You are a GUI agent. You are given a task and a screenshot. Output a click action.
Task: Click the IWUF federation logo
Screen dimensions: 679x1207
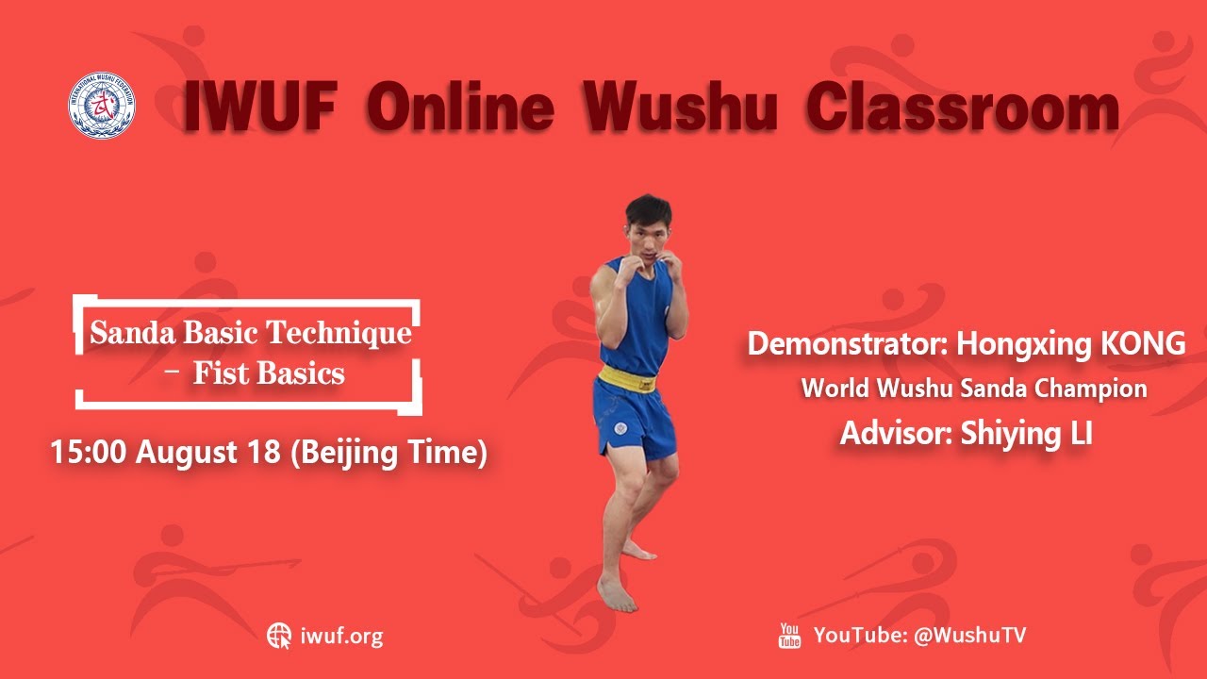(x=101, y=106)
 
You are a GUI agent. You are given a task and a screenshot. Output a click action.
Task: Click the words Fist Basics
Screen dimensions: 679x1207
(x=269, y=373)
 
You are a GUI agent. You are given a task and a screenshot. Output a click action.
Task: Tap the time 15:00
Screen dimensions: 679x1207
(x=90, y=453)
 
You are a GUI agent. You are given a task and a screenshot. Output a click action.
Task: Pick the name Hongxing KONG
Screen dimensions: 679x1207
(x=1070, y=344)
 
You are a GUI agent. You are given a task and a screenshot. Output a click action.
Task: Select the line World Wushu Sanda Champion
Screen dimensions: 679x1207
(x=974, y=389)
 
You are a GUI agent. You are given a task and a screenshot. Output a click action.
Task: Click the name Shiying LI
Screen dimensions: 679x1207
(x=1026, y=434)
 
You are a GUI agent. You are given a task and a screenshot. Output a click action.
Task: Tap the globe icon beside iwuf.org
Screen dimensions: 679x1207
(x=279, y=636)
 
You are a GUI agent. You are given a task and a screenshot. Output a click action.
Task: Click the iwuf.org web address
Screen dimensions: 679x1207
(x=341, y=636)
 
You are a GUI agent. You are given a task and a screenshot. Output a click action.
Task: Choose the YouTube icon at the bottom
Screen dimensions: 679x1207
(x=789, y=636)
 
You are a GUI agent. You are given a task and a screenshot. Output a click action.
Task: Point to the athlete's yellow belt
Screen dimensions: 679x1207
(x=627, y=382)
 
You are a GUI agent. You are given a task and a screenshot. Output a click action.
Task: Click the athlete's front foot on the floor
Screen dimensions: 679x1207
(x=618, y=596)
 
